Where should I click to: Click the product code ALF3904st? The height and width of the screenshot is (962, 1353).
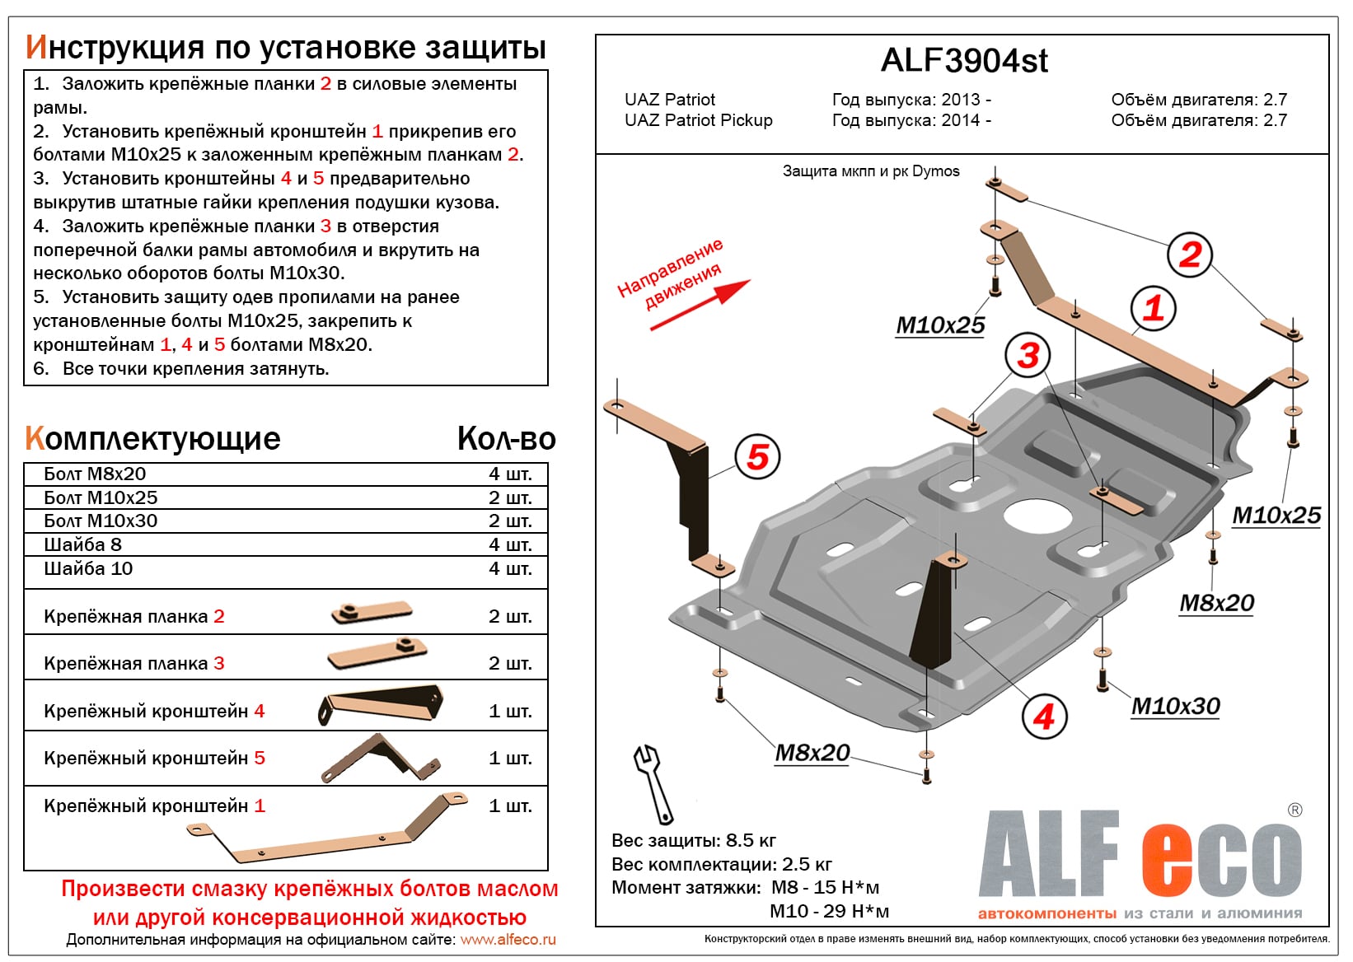964,61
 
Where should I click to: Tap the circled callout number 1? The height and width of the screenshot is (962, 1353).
1153,308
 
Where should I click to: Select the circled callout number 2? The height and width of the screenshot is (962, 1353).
1190,255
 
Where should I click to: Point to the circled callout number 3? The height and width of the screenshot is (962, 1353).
1028,356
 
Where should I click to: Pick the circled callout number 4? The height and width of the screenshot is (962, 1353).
1044,717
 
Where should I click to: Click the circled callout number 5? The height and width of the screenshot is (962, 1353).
757,457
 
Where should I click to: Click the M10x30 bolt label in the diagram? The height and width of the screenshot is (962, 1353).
1175,706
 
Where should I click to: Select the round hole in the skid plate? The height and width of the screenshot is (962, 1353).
1037,516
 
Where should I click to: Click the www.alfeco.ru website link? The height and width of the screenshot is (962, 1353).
508,940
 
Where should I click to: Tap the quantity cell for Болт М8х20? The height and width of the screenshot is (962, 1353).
510,474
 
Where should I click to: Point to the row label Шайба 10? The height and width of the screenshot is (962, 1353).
88,568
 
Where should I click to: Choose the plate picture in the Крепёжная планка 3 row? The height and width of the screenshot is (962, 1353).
377,656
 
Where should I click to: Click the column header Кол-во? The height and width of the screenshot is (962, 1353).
506,439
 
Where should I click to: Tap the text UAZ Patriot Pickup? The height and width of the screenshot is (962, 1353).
698,120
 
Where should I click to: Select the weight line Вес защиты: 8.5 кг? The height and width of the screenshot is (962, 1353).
693,840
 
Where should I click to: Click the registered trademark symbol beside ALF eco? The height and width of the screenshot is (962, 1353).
1294,810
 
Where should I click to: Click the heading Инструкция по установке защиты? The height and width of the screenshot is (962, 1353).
286,48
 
